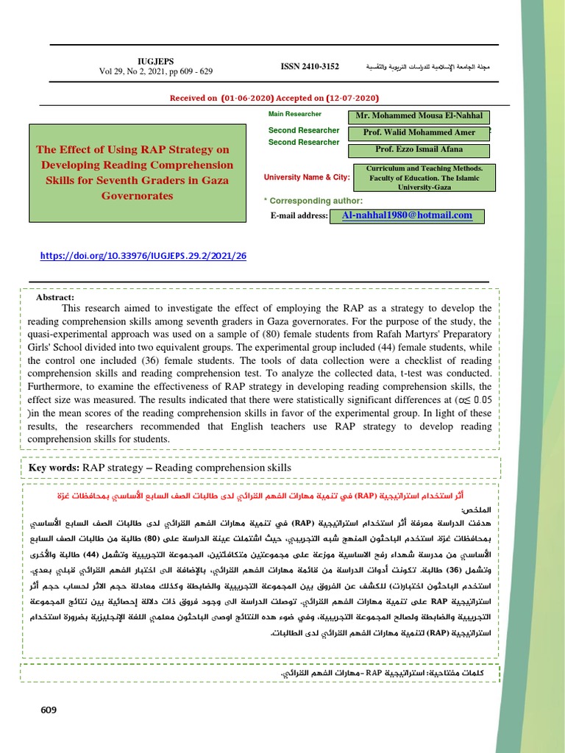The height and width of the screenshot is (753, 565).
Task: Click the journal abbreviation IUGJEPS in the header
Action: (154, 61)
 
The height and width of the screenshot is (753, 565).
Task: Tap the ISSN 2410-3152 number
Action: (310, 66)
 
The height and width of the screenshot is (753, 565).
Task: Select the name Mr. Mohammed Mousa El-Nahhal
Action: (419, 116)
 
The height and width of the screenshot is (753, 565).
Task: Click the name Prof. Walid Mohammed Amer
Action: (419, 133)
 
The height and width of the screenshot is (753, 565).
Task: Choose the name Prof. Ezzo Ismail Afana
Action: (419, 150)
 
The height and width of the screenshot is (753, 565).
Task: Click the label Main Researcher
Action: (294, 114)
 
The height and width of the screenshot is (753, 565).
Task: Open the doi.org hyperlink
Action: (143, 256)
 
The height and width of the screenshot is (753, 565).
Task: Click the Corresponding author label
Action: (313, 201)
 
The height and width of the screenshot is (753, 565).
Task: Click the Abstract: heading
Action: (55, 297)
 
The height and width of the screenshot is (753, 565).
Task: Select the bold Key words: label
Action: (54, 468)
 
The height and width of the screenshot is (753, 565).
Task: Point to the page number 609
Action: (49, 710)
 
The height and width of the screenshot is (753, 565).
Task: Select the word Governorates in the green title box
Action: (137, 196)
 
